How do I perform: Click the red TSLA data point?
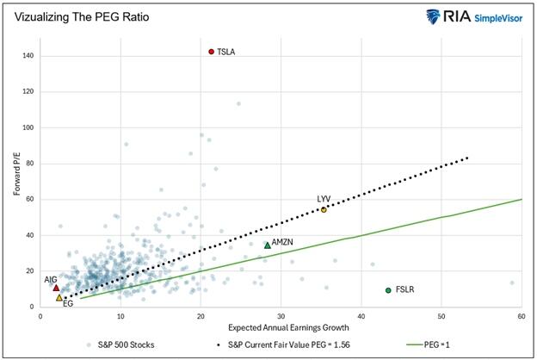(x=212, y=52)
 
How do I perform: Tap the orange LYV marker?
(x=324, y=209)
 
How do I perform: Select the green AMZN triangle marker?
(x=267, y=245)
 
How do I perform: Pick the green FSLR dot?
(x=388, y=290)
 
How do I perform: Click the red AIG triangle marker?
(x=57, y=287)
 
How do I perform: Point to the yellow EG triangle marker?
(x=59, y=297)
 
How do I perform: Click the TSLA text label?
(x=226, y=52)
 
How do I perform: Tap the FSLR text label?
(x=404, y=290)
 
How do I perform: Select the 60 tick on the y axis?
(x=31, y=199)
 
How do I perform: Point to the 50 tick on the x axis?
(x=441, y=316)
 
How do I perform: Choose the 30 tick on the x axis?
(x=281, y=316)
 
